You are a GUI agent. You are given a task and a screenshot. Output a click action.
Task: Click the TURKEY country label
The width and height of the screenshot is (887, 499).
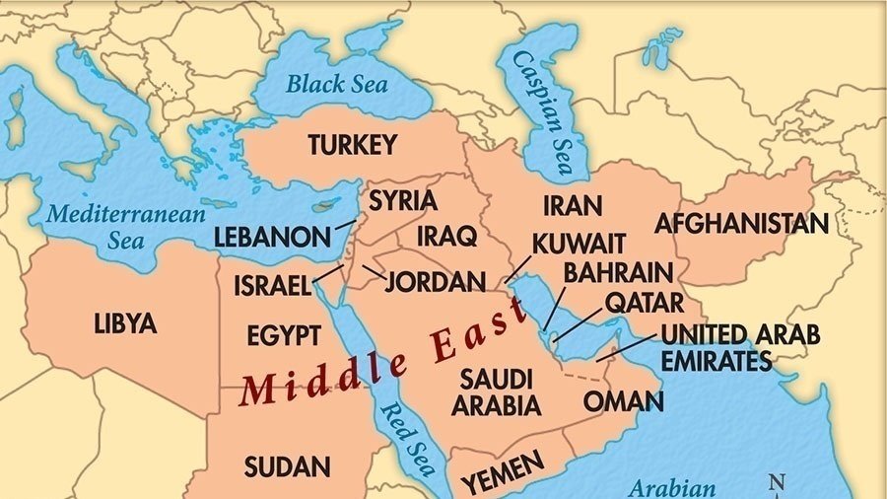pos(352,146)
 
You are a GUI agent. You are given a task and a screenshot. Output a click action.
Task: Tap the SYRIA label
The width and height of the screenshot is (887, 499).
pos(402,200)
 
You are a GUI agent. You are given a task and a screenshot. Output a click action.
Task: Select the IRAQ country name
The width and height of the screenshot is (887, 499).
pos(446,237)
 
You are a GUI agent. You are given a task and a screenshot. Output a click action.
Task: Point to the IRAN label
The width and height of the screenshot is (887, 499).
pos(572,206)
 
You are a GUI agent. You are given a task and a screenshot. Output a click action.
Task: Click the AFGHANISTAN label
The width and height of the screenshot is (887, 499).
pos(741,224)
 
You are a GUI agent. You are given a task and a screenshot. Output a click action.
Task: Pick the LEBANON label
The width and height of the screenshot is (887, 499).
pos(272,238)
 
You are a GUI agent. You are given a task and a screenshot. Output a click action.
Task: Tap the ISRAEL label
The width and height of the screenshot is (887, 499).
pos(272,286)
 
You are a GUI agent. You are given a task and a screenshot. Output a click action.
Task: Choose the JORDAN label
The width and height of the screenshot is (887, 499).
pos(435,282)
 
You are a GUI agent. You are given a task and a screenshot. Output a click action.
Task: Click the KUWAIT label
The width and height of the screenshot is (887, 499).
pos(579,244)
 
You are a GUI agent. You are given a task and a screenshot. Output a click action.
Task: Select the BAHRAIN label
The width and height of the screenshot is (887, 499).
pos(618,272)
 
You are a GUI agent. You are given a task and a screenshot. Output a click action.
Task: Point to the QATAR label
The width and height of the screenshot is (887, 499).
pos(644,302)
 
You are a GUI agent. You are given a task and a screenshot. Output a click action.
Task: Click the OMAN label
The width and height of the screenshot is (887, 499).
pos(623,401)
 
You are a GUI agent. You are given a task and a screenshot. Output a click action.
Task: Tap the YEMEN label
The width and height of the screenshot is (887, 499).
pos(503,471)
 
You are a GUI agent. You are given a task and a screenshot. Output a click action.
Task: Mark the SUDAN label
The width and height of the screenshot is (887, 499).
pos(287,465)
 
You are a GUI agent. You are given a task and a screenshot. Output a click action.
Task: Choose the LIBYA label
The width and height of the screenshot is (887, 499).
pos(125,322)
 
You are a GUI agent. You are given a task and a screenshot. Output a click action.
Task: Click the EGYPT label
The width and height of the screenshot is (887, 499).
pos(283,335)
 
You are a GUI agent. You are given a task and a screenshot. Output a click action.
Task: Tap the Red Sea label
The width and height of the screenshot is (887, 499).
pos(406,438)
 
